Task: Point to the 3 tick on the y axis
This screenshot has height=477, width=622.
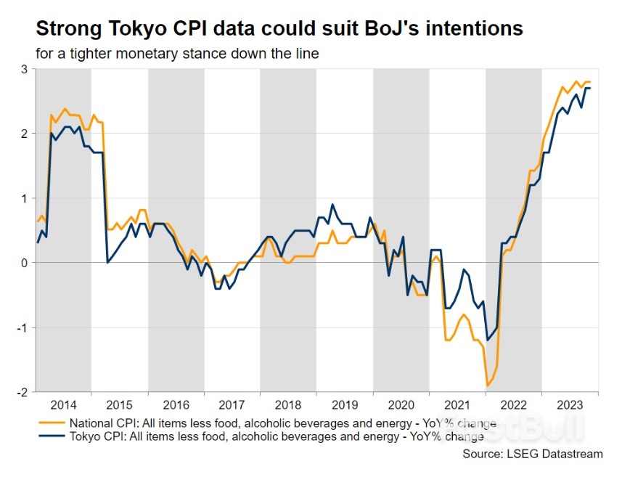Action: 24,69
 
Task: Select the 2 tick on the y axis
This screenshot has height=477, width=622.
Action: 24,134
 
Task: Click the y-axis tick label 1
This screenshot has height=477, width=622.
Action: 24,198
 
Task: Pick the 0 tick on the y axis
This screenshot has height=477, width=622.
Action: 24,263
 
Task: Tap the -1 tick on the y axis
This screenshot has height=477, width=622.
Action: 22,327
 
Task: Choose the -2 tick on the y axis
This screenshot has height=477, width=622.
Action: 22,392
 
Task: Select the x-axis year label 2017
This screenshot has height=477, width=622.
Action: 232,405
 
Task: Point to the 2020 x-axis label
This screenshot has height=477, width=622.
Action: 401,405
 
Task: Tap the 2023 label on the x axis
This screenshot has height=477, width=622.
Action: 570,405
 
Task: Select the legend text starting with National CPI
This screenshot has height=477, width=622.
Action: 282,423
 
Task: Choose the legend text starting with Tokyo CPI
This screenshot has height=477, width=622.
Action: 276,436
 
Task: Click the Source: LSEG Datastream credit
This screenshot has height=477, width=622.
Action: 532,454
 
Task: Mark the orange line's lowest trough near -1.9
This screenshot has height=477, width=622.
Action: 486,386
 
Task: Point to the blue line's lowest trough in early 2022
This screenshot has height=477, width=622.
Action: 488,339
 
